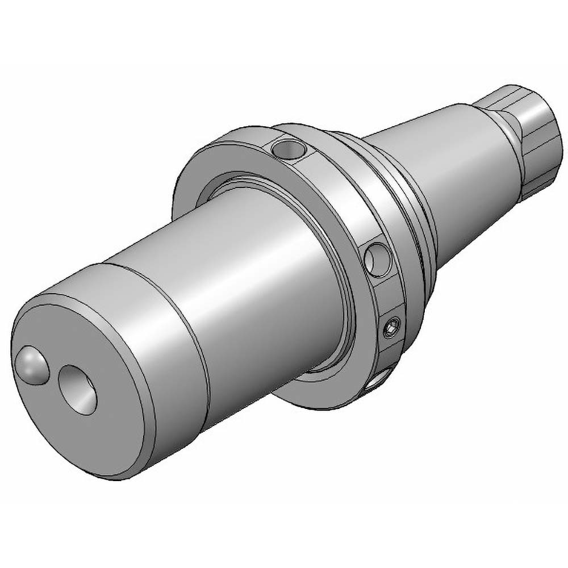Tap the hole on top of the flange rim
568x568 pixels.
click(x=289, y=149)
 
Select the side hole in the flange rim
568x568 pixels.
click(x=377, y=260)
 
